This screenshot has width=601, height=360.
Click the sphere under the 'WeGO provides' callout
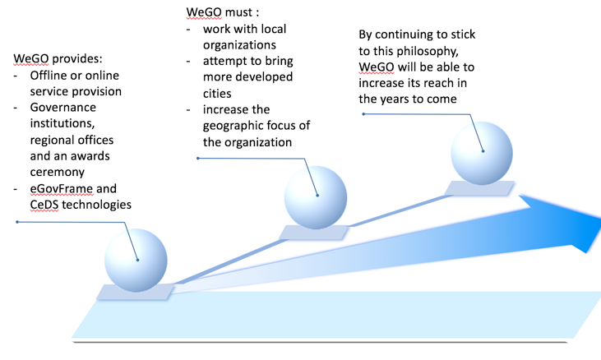coord(136,261)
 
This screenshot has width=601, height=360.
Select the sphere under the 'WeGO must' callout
coord(316,197)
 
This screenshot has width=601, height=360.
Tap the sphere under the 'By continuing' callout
coord(482,153)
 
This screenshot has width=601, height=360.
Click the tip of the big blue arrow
coord(599,225)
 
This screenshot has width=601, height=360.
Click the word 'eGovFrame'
coord(62,188)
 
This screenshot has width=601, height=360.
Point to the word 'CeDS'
coord(44,205)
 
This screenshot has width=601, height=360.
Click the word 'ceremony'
coord(57,173)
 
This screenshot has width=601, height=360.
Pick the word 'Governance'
coord(62,107)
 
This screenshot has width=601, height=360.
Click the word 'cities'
coord(217,94)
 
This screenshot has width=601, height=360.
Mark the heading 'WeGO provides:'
coord(58,58)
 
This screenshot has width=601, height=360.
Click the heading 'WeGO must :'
coord(223,12)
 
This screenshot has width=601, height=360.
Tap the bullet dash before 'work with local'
coord(188,30)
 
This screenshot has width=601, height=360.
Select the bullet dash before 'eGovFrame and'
coord(16,189)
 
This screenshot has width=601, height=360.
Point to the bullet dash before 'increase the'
coord(188,110)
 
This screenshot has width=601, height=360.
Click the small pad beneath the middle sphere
coord(313,233)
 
